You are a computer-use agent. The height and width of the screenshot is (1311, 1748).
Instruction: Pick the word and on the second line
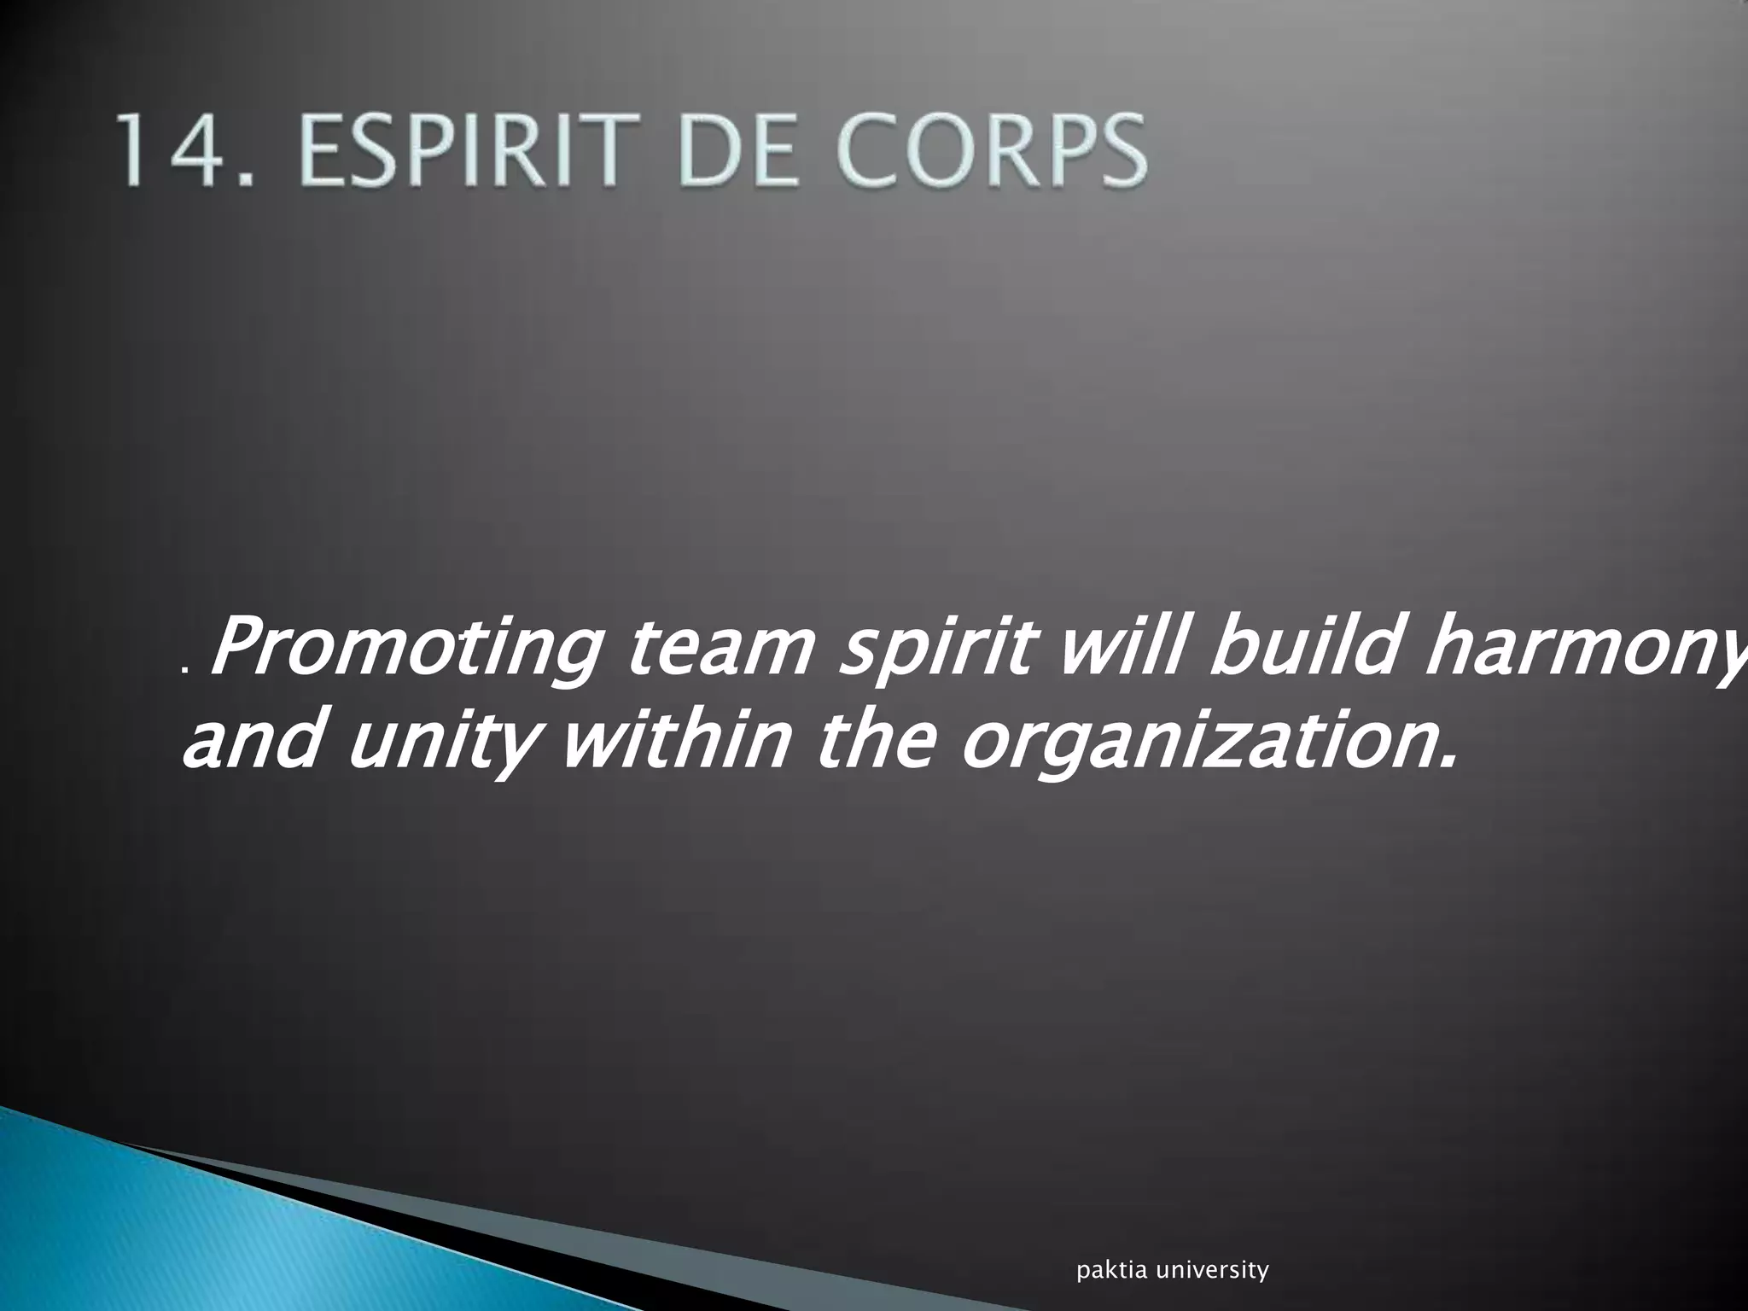[x=255, y=739]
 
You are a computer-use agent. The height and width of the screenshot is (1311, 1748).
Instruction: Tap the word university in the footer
[x=1211, y=1271]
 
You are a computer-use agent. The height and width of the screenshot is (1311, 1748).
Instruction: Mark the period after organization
[x=1442, y=760]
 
